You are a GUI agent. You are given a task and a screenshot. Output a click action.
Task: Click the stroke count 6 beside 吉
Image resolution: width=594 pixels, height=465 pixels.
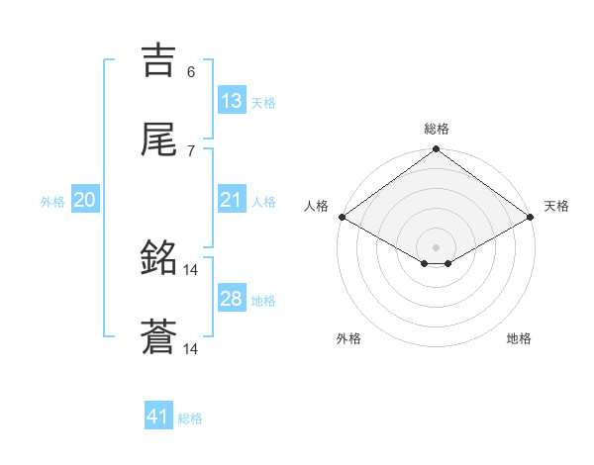191,71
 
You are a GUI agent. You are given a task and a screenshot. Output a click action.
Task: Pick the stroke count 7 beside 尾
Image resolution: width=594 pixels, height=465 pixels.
191,150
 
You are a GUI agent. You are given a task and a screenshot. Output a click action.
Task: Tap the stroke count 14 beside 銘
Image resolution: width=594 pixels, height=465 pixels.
191,269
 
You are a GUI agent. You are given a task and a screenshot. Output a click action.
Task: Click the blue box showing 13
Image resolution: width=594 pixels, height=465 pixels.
232,101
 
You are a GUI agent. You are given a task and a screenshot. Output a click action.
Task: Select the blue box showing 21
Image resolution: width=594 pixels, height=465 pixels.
232,200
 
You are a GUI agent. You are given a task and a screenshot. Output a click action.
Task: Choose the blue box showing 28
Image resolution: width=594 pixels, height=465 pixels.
232,299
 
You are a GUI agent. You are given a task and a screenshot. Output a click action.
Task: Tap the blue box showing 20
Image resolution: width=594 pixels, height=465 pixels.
85,200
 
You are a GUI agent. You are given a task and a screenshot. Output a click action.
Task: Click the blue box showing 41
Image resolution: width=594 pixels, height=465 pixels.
158,417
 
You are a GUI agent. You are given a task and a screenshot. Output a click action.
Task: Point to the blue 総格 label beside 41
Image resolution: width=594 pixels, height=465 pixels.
190,418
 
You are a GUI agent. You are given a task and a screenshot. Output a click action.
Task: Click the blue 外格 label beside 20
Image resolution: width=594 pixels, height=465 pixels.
52,202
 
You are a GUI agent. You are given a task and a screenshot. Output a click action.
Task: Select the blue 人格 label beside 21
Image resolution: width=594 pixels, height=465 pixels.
263,202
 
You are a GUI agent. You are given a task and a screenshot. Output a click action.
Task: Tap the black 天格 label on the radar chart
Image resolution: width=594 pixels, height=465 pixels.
556,206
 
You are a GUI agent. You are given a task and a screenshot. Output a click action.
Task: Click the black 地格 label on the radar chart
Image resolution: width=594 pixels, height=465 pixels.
519,338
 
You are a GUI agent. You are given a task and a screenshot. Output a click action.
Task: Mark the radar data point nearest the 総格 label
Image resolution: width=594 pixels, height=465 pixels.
436,150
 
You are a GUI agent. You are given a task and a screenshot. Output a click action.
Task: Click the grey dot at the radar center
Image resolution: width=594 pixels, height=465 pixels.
436,246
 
